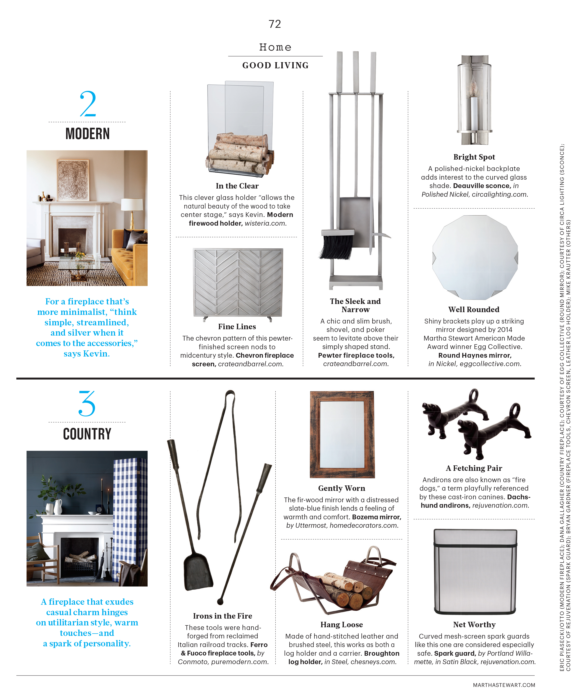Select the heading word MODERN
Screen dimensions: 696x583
pyautogui.click(x=87, y=134)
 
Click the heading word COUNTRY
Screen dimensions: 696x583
pyautogui.click(x=87, y=434)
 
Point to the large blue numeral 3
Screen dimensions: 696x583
pyautogui.click(x=87, y=404)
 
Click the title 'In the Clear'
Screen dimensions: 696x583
pyautogui.click(x=237, y=186)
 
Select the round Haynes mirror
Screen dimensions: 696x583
pyautogui.click(x=475, y=257)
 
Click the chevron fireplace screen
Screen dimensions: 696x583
pyautogui.click(x=238, y=282)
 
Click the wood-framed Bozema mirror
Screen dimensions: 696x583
pyautogui.click(x=342, y=434)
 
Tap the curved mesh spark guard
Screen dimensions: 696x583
pyautogui.click(x=475, y=572)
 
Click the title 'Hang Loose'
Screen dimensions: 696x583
pyautogui.click(x=342, y=625)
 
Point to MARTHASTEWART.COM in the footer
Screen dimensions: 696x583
pyautogui.click(x=504, y=685)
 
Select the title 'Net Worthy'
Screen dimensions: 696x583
pyautogui.click(x=474, y=625)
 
